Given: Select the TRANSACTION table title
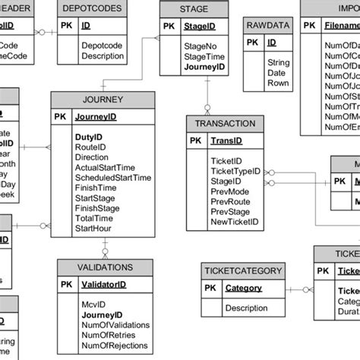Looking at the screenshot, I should coord(224,124).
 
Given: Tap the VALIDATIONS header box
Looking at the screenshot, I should coord(105,267).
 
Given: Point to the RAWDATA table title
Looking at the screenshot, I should coord(267,25).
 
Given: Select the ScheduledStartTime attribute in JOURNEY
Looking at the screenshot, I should coord(112,178).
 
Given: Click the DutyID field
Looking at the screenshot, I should coord(88,137).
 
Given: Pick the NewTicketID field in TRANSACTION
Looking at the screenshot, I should coord(234,222).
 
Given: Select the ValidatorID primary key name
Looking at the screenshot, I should coord(103,284).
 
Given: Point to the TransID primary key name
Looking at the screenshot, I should coord(226,141).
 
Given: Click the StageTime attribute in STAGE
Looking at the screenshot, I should coord(204,55).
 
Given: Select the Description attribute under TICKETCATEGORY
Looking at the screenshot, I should coord(246,308).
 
